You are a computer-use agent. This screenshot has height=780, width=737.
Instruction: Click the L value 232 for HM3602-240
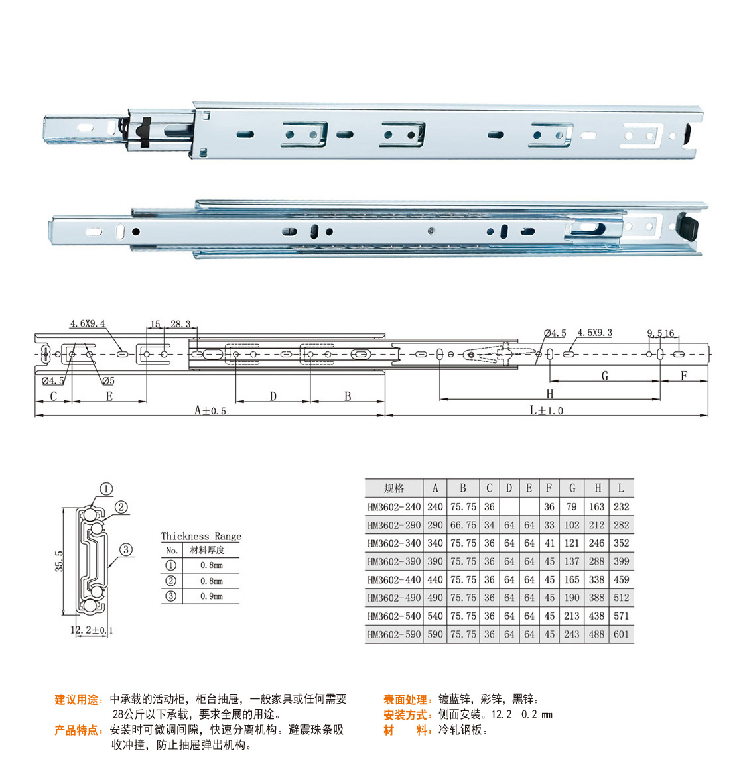[x=621, y=506]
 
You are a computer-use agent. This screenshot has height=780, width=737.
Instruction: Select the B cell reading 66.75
[x=463, y=525]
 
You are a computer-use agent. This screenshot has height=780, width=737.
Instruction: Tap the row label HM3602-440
[x=394, y=579]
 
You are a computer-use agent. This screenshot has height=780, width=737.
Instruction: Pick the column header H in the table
[x=598, y=488]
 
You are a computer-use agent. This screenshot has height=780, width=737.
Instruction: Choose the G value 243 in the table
[x=572, y=634]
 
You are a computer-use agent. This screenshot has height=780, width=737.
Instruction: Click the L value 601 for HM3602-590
[x=621, y=634]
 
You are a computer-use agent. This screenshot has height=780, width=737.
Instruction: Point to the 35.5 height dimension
[x=59, y=561]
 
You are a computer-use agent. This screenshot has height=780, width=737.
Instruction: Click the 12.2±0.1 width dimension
[x=92, y=630]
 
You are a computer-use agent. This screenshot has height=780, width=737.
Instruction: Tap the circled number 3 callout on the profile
[x=126, y=549]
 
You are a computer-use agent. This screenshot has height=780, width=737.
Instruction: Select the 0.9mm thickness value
[x=212, y=596]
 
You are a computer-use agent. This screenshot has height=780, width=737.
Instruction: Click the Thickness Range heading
[x=201, y=536]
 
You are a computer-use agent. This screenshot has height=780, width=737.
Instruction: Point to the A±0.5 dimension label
[x=210, y=410]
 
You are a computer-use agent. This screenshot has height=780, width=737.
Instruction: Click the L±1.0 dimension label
[x=546, y=410]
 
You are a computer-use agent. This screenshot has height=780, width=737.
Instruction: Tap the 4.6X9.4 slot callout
[x=88, y=324]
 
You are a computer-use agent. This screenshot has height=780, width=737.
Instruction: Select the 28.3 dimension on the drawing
[x=180, y=324]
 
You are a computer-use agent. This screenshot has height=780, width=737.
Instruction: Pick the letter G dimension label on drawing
[x=605, y=376]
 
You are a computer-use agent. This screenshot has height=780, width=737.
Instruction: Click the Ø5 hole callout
[x=108, y=381]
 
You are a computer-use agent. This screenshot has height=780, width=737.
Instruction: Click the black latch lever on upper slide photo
[x=145, y=132]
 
